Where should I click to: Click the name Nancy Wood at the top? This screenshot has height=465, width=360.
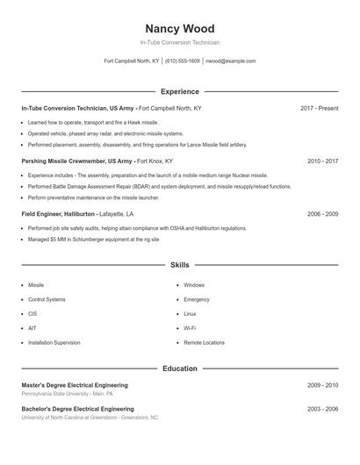(179, 29)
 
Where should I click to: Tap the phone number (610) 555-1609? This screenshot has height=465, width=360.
(183, 61)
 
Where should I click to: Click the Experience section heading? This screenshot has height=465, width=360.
(179, 91)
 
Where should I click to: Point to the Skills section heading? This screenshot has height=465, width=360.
(179, 264)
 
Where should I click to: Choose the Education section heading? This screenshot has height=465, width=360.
(179, 368)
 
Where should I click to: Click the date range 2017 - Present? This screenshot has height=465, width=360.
(319, 108)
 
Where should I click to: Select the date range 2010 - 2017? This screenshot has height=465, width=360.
(322, 161)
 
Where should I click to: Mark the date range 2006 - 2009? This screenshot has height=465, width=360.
(322, 213)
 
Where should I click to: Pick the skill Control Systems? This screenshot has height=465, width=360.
(47, 299)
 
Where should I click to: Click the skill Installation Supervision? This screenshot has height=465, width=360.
(54, 342)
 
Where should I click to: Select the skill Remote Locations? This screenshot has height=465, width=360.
(204, 342)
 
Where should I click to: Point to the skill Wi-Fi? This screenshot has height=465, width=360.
(190, 328)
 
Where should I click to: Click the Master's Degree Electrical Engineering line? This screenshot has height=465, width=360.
(75, 385)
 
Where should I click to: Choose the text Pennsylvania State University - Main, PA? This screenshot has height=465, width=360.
(67, 394)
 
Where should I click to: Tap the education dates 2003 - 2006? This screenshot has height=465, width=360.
(322, 409)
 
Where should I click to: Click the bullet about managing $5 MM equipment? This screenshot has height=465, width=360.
(93, 239)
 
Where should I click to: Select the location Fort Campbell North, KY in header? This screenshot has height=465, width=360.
(132, 61)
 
